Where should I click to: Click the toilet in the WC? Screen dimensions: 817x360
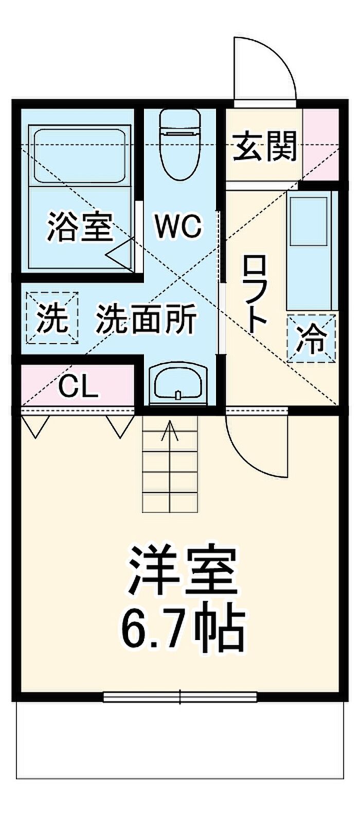click(x=179, y=145)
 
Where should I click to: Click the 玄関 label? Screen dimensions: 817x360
click(x=265, y=147)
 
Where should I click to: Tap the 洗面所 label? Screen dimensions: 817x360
click(x=147, y=319)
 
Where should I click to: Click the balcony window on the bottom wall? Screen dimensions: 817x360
click(x=180, y=697)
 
